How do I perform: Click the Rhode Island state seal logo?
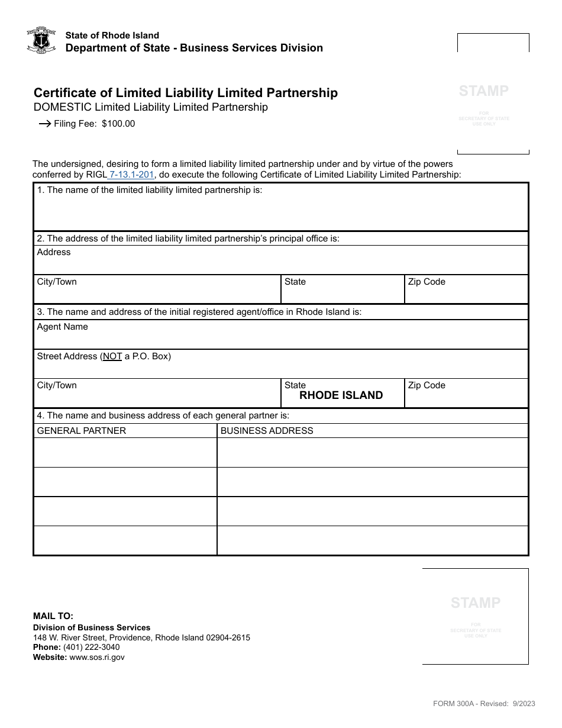pyautogui.click(x=41, y=41)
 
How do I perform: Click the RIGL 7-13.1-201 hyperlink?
pyautogui.click(x=131, y=175)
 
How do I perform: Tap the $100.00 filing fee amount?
pyautogui.click(x=118, y=124)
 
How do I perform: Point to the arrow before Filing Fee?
pyautogui.click(x=44, y=124)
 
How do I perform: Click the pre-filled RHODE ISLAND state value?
pyautogui.click(x=341, y=395)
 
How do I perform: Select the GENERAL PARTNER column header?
pyautogui.click(x=82, y=431)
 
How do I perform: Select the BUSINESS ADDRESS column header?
pyautogui.click(x=267, y=431)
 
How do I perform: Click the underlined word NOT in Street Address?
pyautogui.click(x=112, y=356)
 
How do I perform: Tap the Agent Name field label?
pyautogui.click(x=62, y=327)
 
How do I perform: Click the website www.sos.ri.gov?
pyautogui.click(x=97, y=657)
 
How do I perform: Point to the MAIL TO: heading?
pyautogui.click(x=53, y=616)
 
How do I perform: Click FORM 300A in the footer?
pyautogui.click(x=450, y=704)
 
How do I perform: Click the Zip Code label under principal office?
pyautogui.click(x=427, y=282)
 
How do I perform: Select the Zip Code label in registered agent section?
pyautogui.click(x=427, y=385)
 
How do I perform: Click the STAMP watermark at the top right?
pyautogui.click(x=484, y=91)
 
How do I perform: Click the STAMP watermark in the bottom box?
pyautogui.click(x=476, y=603)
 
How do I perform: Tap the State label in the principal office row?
pyautogui.click(x=295, y=282)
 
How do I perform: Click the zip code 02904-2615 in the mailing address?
pyautogui.click(x=228, y=637)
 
